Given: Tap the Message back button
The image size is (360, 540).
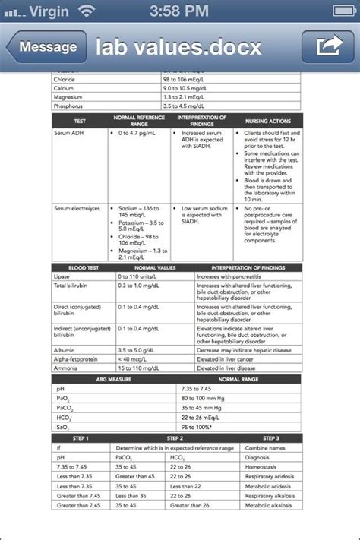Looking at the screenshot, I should [x=44, y=47].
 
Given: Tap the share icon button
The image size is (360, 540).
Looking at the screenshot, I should [x=327, y=47].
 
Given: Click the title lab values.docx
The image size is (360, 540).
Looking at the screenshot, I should [x=179, y=47].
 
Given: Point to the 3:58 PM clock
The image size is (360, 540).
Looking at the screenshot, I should [x=180, y=11].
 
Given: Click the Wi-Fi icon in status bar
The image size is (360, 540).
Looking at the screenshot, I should [x=88, y=11].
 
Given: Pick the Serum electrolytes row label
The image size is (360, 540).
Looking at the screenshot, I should [x=76, y=208].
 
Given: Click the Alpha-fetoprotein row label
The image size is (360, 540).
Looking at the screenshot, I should [x=74, y=359].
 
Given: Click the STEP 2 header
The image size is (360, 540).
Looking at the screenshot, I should [x=175, y=439].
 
